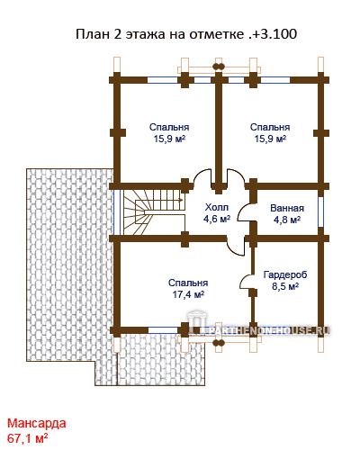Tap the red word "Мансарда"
37,423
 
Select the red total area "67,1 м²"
27,438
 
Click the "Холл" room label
217,207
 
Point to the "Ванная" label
287,208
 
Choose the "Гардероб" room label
285,274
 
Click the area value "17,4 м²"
188,294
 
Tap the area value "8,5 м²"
285,286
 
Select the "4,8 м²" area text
287,220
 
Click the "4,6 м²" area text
217,219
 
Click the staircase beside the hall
154,212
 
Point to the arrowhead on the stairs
181,200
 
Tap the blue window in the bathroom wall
320,211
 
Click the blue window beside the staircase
117,212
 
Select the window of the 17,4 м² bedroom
163,330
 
